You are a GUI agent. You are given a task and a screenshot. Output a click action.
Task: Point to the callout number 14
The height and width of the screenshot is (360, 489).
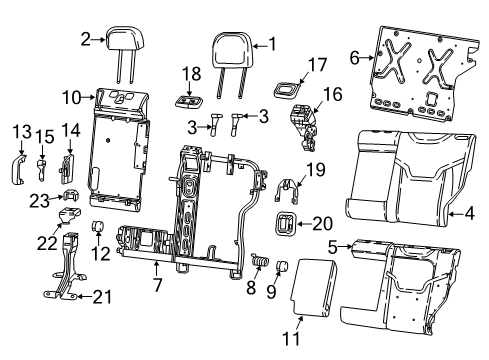pyautogui.click(x=69, y=130)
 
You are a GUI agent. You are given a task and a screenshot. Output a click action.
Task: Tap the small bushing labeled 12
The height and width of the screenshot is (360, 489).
pyautogui.click(x=99, y=223)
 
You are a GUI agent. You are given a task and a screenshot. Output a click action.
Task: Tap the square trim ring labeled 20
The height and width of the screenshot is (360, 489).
pyautogui.click(x=285, y=224)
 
